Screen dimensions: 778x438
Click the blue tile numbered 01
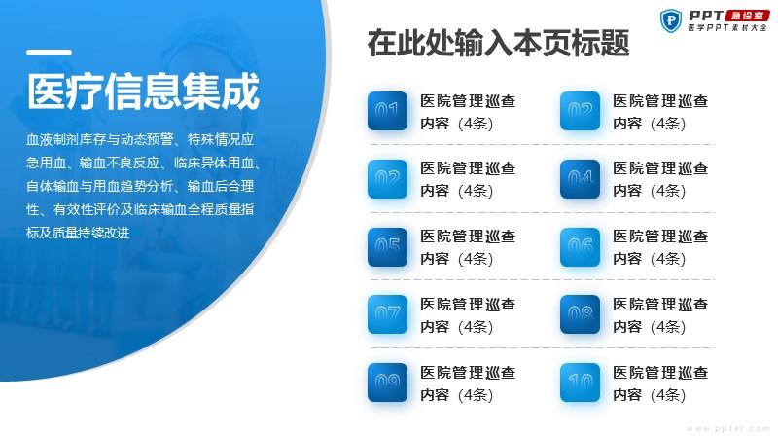(387, 111)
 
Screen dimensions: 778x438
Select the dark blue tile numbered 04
(580, 179)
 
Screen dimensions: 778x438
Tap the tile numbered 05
(387, 247)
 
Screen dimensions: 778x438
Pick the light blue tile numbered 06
(580, 247)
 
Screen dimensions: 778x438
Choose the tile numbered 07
(387, 314)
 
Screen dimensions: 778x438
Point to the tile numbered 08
(580, 314)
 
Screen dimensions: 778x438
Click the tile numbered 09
(387, 383)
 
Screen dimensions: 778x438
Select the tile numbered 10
(580, 383)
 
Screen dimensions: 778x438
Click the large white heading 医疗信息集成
(143, 91)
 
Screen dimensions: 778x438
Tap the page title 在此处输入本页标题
(498, 43)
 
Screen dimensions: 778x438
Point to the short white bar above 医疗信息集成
(50, 52)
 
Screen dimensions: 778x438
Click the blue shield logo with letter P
(671, 20)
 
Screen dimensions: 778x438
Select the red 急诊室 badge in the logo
(747, 16)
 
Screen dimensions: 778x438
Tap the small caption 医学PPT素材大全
(727, 28)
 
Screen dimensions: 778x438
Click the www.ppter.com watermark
(727, 428)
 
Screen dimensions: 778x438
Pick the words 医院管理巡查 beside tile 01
(468, 101)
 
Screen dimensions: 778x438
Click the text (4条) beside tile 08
(667, 327)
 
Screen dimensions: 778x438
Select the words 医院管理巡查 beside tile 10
(660, 373)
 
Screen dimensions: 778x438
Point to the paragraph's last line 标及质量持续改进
(78, 233)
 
